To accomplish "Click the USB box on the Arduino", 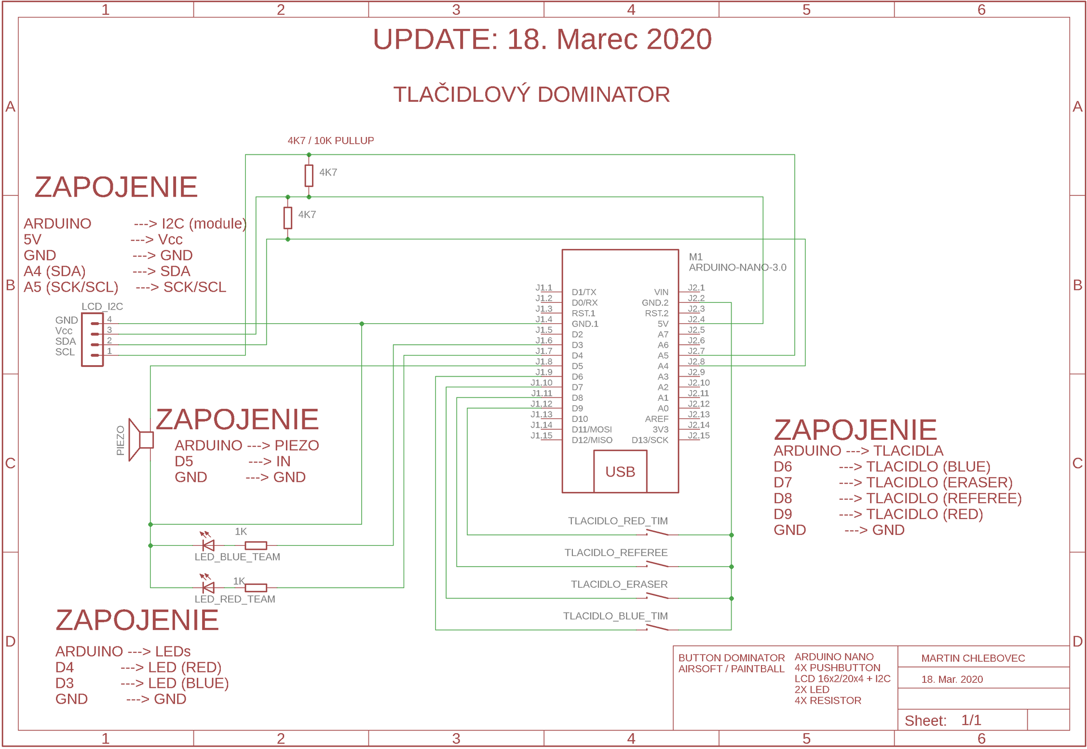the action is pyautogui.click(x=620, y=471).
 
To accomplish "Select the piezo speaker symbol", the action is pyautogui.click(x=140, y=440).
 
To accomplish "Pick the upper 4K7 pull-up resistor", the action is pyautogui.click(x=309, y=176).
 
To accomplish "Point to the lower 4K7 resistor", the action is pyautogui.click(x=288, y=218).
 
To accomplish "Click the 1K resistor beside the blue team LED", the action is pyautogui.click(x=256, y=545).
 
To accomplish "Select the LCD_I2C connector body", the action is pyautogui.click(x=92, y=340).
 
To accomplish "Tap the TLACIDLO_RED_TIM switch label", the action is pyautogui.click(x=618, y=521).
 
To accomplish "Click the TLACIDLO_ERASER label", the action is pyautogui.click(x=619, y=584).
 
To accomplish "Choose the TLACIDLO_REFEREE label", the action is pyautogui.click(x=616, y=553).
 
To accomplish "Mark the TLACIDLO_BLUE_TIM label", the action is pyautogui.click(x=615, y=616).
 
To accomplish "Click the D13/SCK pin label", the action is pyautogui.click(x=650, y=440).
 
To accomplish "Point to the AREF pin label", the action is pyautogui.click(x=657, y=419).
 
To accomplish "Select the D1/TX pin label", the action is pyautogui.click(x=584, y=292).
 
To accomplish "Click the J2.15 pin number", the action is pyautogui.click(x=699, y=435).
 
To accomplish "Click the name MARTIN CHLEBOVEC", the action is pyautogui.click(x=973, y=658).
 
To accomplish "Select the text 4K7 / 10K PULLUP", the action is pyautogui.click(x=331, y=140).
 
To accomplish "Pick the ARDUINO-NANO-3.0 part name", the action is pyautogui.click(x=737, y=267).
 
